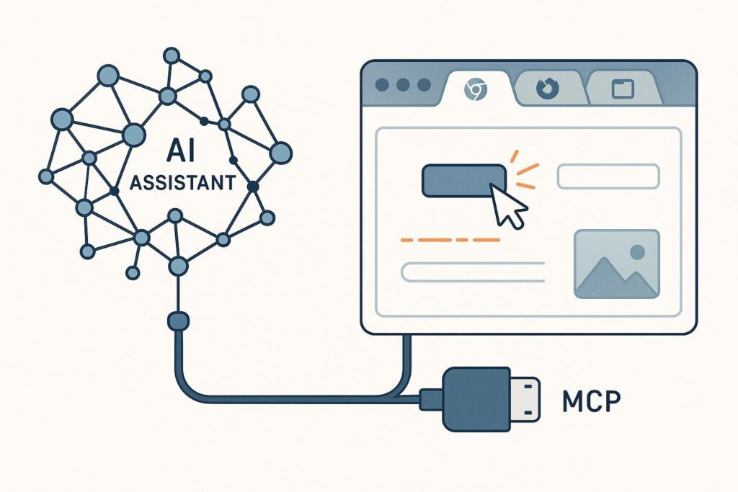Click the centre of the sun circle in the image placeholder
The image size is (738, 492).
pyautogui.click(x=637, y=252)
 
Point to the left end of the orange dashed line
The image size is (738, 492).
pyautogui.click(x=401, y=240)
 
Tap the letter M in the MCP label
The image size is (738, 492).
pyautogui.click(x=573, y=401)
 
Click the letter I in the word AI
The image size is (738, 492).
pyautogui.click(x=190, y=151)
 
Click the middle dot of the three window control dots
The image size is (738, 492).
pyautogui.click(x=403, y=85)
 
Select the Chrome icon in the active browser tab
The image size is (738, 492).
pyautogui.click(x=476, y=89)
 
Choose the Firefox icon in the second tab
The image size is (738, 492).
pyautogui.click(x=548, y=88)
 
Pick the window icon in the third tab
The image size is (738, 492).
pyautogui.click(x=623, y=89)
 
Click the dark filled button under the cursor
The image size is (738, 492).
pyautogui.click(x=464, y=180)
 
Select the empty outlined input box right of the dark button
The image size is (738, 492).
pyautogui.click(x=608, y=176)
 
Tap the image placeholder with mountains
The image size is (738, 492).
pyautogui.click(x=617, y=264)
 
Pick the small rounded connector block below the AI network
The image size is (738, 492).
pyautogui.click(x=179, y=321)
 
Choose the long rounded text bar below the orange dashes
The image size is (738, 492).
pyautogui.click(x=473, y=272)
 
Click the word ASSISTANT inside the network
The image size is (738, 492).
pyautogui.click(x=182, y=182)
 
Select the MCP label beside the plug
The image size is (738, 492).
pyautogui.click(x=592, y=401)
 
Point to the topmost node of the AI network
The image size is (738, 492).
pyautogui.click(x=172, y=55)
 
